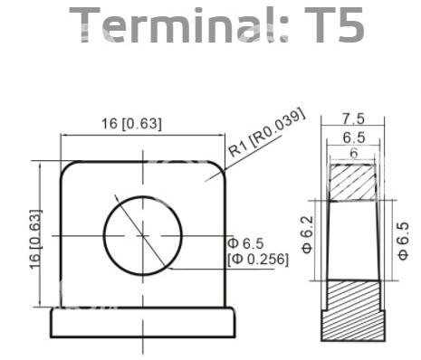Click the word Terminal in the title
179,24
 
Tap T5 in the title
334,24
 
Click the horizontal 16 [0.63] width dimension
131,124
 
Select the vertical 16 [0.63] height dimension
35,239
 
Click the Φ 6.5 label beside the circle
245,243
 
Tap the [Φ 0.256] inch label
258,260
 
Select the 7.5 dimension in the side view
353,118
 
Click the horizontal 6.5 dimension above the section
354,137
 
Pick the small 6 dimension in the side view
354,154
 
